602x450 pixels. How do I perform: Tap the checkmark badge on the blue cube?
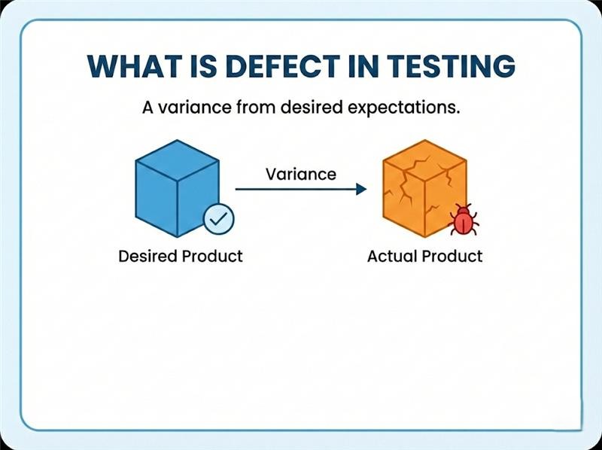point(219,220)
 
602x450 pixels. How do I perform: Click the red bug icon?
point(464,220)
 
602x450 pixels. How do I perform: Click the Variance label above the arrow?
point(300,174)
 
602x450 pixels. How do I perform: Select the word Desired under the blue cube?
point(149,256)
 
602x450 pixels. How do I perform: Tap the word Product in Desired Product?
point(214,256)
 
